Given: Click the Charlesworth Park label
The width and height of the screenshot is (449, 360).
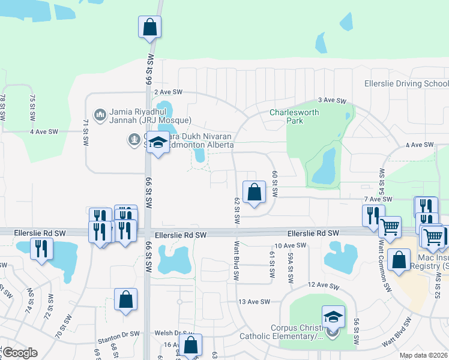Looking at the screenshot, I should tap(294, 116).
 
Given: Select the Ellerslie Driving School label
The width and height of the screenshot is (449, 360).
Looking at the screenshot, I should tap(406, 84).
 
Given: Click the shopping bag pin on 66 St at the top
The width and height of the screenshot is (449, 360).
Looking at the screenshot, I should tap(149, 27).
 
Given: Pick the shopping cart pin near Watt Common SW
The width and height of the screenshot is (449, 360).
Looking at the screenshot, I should tap(390, 227).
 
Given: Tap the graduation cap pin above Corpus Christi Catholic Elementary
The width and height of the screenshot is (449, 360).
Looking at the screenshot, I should tap(333, 316).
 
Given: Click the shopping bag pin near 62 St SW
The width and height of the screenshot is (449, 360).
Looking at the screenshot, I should tap(255, 193).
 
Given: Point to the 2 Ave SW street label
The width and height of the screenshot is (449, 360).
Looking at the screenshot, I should tap(167, 92).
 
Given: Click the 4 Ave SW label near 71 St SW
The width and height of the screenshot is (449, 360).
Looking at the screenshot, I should tap(45, 131).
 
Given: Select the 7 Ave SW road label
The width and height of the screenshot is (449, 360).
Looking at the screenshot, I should tap(377, 199).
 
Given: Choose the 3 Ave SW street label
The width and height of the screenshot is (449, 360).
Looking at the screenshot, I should tap(333, 100).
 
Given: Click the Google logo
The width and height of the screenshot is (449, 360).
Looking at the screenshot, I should tap(20, 353).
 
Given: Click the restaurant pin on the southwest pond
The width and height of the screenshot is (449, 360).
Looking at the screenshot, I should tap(41, 248).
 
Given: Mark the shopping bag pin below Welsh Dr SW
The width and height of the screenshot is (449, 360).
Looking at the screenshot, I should tap(190, 346).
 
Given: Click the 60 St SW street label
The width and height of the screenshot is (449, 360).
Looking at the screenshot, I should tap(275, 184).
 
